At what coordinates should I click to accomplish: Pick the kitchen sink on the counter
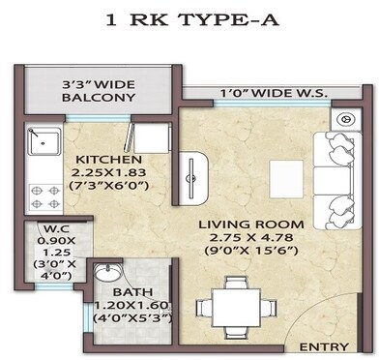click(40, 143)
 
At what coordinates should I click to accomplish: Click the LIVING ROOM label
click(250, 225)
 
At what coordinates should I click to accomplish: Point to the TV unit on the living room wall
click(194, 174)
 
